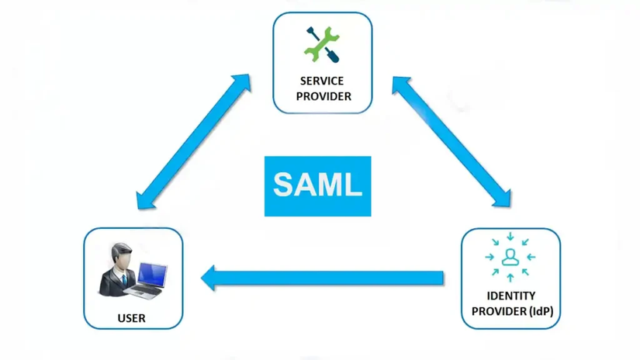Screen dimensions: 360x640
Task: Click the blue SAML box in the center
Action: coord(317,186)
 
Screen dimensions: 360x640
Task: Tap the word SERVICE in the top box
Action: coord(323,81)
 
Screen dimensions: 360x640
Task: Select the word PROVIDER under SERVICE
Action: coord(323,97)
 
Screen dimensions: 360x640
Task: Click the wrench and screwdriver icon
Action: coord(322,44)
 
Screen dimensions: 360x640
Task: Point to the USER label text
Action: coord(131,318)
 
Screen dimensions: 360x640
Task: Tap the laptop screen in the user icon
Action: coord(152,275)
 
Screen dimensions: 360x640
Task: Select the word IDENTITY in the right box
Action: coord(510,296)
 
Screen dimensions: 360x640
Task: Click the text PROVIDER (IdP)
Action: coord(510,312)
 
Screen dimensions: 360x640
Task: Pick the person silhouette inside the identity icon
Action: coord(510,257)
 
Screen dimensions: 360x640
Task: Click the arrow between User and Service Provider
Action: coord(192,142)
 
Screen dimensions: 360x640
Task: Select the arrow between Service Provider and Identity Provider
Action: coord(451,142)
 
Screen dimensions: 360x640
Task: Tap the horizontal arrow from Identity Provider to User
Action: coord(326,278)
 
